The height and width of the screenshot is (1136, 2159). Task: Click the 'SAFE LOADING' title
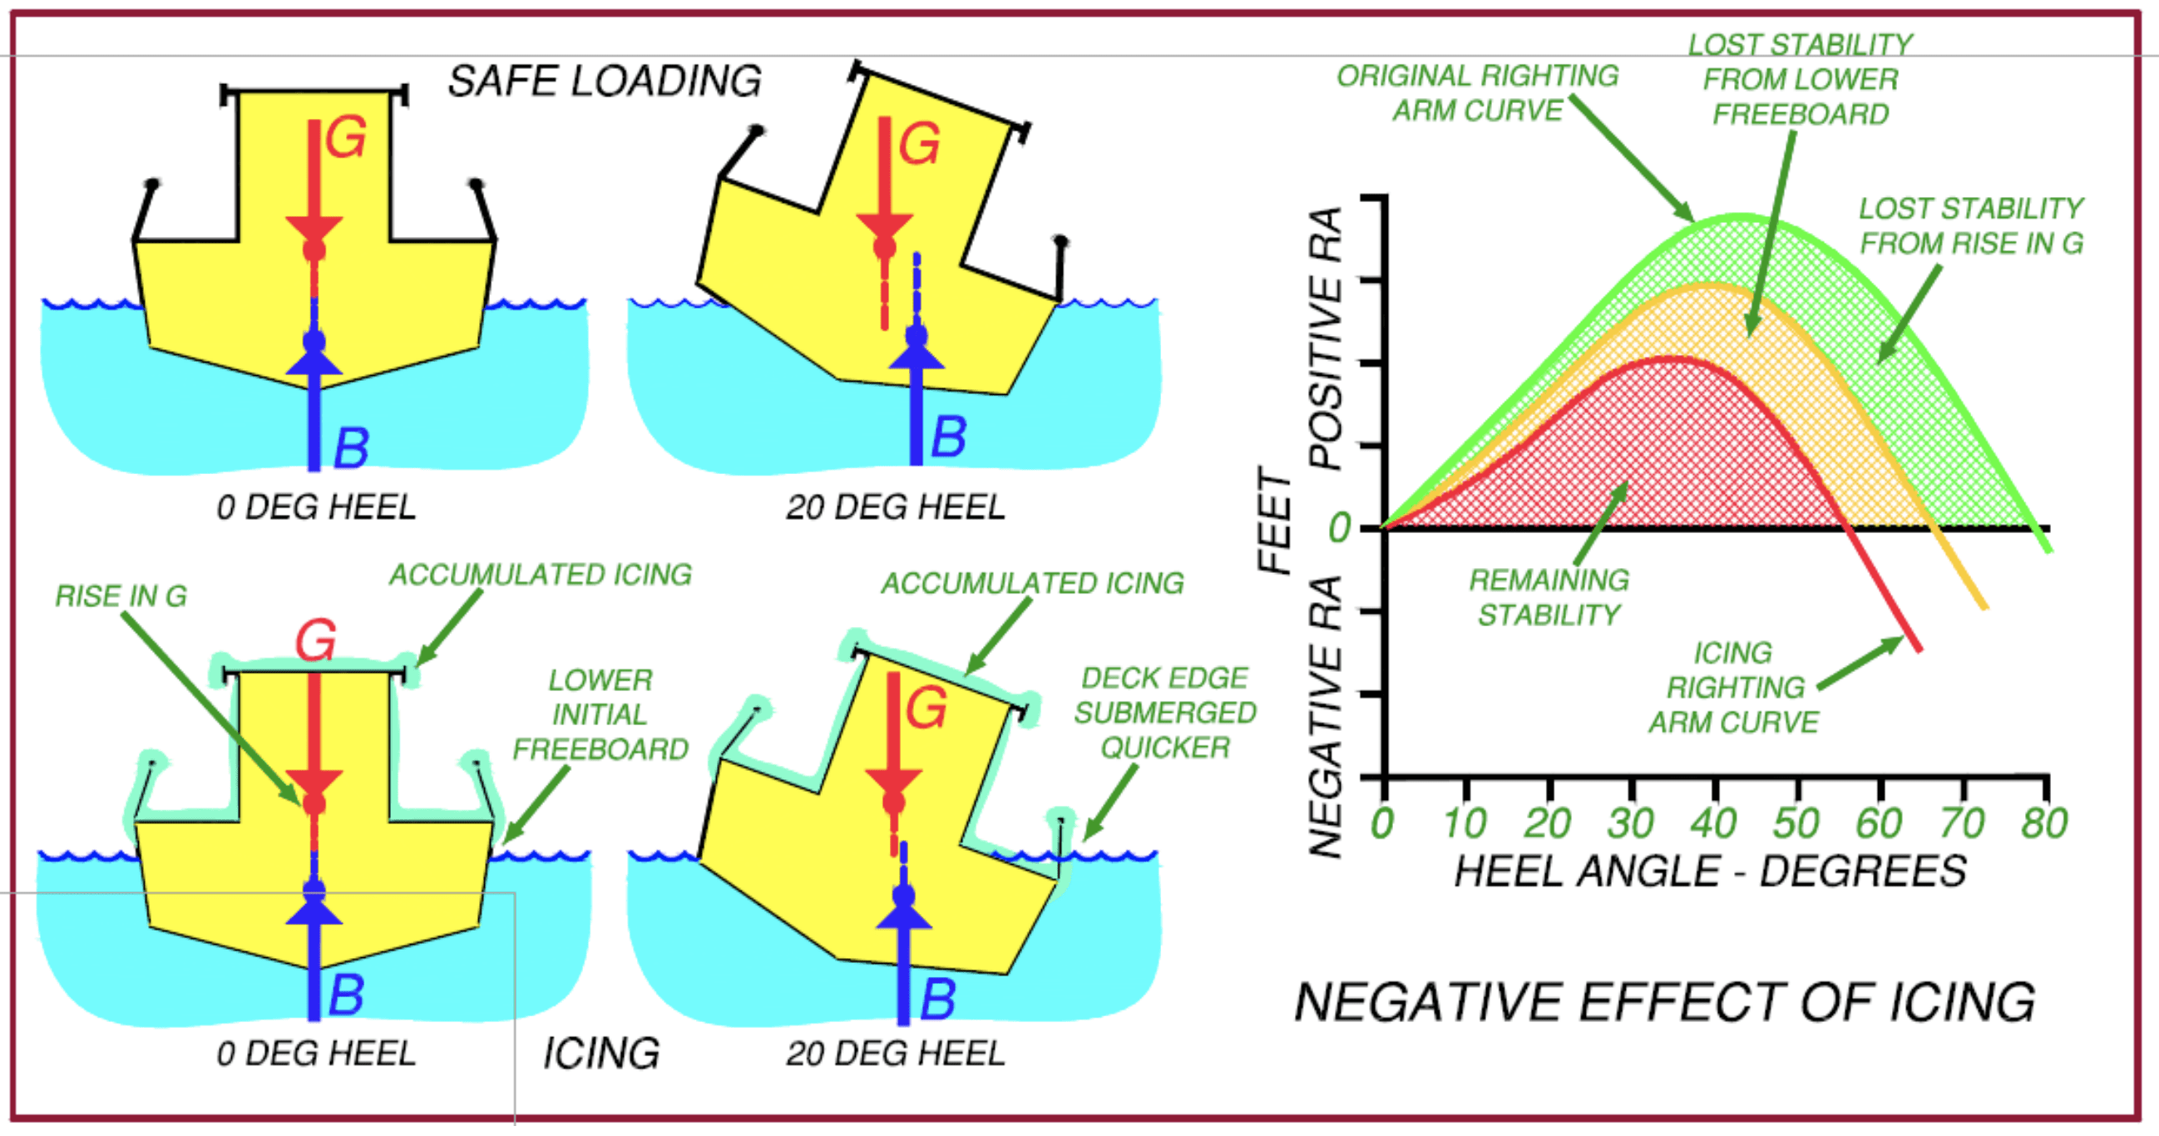point(605,82)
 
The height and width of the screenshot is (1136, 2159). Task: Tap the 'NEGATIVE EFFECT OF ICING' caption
point(1664,1002)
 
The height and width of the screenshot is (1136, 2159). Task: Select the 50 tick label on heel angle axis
point(1796,823)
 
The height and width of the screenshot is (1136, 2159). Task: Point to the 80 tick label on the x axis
point(2044,823)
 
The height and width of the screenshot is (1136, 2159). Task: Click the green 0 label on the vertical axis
point(1339,528)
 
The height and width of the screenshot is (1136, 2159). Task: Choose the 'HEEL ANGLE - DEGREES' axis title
point(1710,872)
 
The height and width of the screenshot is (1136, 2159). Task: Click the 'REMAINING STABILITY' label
point(1549,598)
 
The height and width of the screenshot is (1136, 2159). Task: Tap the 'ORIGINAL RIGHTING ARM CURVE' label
point(1478,93)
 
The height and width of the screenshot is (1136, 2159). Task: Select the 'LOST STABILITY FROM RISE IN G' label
point(1970,225)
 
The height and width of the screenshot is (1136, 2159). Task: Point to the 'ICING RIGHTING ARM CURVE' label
point(1734,688)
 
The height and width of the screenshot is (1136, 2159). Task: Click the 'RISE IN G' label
point(121,596)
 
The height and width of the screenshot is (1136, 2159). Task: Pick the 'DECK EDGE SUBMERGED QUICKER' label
point(1165,713)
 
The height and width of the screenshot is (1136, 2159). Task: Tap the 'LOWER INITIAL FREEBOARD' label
point(600,714)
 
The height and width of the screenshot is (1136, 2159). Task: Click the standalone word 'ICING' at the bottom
point(601,1053)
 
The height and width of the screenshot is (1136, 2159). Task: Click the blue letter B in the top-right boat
point(949,437)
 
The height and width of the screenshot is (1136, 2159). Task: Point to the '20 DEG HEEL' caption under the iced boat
point(895,1054)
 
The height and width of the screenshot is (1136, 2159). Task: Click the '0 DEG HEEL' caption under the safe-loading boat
point(316,507)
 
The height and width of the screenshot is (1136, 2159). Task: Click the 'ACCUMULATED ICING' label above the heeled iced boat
point(1033,584)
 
